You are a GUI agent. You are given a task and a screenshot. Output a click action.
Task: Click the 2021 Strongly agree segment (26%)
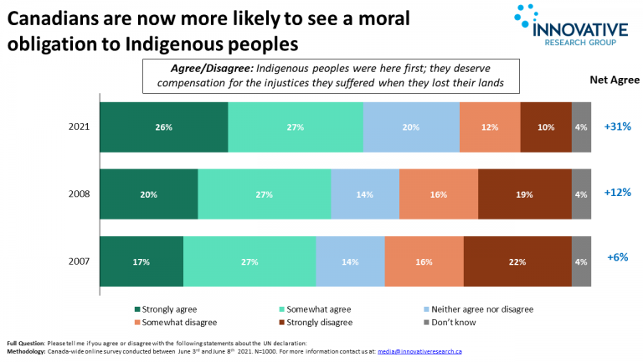[x=163, y=127]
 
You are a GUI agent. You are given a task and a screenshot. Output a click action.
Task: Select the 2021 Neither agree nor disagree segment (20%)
[x=411, y=127]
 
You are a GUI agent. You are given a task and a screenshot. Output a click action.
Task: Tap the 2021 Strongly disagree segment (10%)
[x=546, y=127]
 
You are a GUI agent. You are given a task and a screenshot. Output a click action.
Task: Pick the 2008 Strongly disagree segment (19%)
[x=525, y=194]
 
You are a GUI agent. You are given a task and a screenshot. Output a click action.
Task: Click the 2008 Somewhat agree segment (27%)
[x=265, y=194]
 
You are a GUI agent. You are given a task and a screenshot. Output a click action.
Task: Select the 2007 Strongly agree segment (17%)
[x=141, y=261]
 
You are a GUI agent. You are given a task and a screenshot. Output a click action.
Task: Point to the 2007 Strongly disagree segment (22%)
[x=517, y=261]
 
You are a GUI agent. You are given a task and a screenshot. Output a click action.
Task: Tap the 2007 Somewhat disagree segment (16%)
[x=424, y=261]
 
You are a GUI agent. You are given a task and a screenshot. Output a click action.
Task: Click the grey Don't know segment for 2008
[x=581, y=194]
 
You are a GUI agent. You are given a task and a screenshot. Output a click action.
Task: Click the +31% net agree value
[x=616, y=127]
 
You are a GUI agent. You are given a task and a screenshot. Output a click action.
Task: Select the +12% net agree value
[x=616, y=192]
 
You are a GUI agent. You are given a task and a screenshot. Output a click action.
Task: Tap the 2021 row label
[x=80, y=127]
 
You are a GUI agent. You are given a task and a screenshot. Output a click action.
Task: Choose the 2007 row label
[x=80, y=261]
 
